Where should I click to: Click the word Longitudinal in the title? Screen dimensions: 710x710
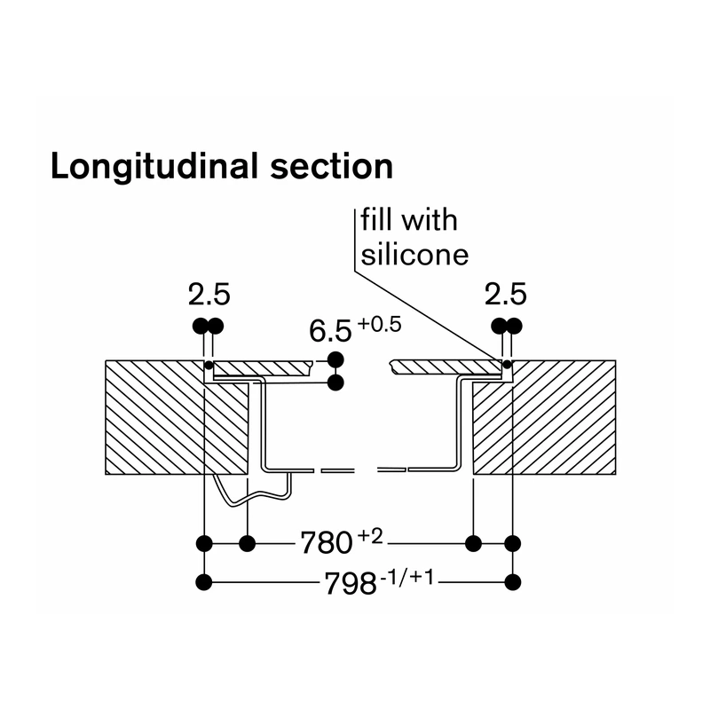point(154,167)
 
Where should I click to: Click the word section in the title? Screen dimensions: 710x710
point(331,166)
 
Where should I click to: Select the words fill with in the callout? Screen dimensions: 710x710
point(409,220)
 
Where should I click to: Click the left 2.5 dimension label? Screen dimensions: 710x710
point(209,295)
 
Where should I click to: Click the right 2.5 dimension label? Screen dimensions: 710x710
point(505,295)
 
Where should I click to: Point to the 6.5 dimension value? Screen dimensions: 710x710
point(330,330)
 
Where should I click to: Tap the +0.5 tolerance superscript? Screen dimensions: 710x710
point(380,325)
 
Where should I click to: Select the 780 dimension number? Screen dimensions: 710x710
point(327,543)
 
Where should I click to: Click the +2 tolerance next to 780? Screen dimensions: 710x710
point(370,537)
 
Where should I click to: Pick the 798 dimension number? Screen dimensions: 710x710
point(351,583)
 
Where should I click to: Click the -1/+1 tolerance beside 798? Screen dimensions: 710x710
point(407,578)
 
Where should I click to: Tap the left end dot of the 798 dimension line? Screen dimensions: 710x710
point(204,582)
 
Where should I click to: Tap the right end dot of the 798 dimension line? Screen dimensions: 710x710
point(513,582)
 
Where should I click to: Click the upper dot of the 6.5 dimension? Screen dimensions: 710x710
point(335,360)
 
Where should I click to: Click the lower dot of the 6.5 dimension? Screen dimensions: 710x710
point(335,383)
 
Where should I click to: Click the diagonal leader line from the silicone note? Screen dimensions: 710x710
point(428,316)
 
